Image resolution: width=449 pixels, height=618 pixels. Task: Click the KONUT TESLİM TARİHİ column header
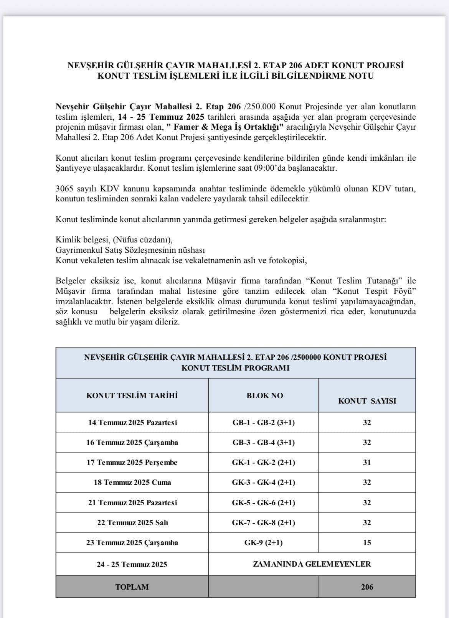[x=132, y=396]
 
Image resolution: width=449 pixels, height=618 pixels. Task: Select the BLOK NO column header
[x=264, y=396]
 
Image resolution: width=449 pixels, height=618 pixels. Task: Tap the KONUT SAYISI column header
[x=367, y=401]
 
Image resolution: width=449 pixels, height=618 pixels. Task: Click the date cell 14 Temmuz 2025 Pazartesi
[x=132, y=422]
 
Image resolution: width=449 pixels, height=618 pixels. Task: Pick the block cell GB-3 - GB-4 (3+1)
[x=264, y=442]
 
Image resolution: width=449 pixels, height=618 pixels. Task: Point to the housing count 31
[x=367, y=462]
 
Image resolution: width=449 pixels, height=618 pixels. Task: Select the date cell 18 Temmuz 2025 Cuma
[x=132, y=482]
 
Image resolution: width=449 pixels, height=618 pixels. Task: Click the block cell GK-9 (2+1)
[x=264, y=542]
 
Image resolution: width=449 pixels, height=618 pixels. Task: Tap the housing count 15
[x=367, y=542]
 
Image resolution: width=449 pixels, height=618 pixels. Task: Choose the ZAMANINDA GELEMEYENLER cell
[x=312, y=564]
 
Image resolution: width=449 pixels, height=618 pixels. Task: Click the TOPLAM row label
[x=132, y=587]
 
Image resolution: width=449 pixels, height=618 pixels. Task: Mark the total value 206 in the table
[x=367, y=587]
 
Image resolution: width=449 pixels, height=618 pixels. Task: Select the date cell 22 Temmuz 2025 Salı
[x=132, y=522]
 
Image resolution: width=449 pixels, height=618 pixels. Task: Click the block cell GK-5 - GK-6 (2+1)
[x=264, y=503]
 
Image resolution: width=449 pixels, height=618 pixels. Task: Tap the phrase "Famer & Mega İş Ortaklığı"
[x=229, y=127]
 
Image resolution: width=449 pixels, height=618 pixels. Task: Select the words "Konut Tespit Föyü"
[x=375, y=291]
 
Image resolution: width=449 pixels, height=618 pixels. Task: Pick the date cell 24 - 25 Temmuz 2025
[x=132, y=564]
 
